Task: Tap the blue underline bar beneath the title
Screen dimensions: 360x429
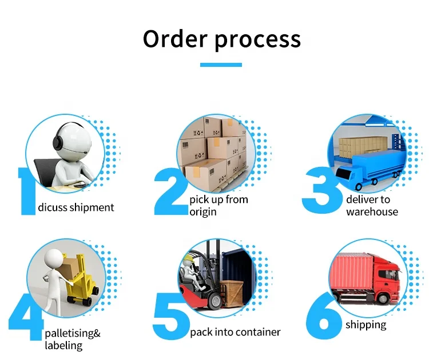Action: [221, 65]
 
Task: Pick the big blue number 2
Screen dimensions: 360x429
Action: [171, 192]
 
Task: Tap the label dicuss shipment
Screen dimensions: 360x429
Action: [76, 207]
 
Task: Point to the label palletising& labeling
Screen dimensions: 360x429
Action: [73, 339]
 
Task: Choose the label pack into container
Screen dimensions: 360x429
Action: [235, 332]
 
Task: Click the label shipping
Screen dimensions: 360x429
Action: [366, 325]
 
